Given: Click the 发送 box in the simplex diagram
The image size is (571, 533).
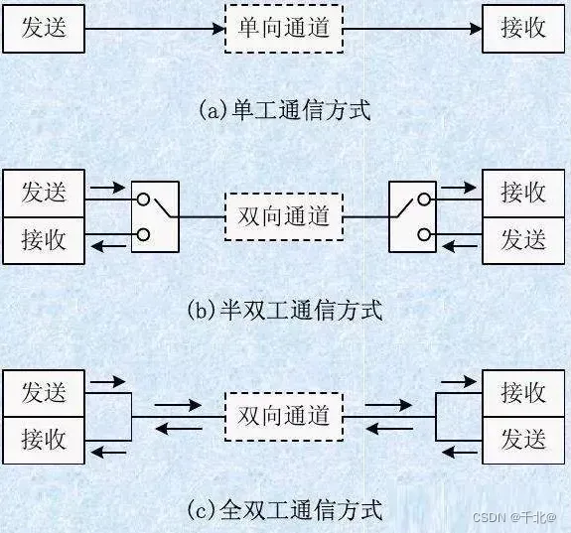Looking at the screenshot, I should (43, 29).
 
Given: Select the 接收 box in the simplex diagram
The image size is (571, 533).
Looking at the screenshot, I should (523, 29).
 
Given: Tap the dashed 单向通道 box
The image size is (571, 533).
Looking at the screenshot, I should (284, 29).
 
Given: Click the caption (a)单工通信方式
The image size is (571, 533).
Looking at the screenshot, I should (284, 109).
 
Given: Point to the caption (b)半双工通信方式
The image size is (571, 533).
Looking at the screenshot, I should (284, 310).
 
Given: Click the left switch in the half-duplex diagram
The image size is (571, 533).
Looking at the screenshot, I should (155, 216).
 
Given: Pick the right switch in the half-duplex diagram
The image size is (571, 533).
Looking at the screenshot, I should (413, 216).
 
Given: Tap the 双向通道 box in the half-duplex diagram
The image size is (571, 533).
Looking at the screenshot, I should (284, 216).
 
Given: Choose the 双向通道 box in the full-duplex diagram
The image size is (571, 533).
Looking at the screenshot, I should (284, 416).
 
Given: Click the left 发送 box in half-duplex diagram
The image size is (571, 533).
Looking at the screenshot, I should (43, 193).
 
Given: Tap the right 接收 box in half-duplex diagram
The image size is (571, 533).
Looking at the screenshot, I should (523, 193).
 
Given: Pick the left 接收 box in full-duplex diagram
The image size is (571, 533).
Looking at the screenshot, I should (43, 440).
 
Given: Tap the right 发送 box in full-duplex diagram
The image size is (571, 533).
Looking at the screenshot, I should (523, 440).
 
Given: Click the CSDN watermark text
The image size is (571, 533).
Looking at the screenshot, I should (513, 518).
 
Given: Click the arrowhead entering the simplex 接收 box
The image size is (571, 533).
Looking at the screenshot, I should (476, 29).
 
